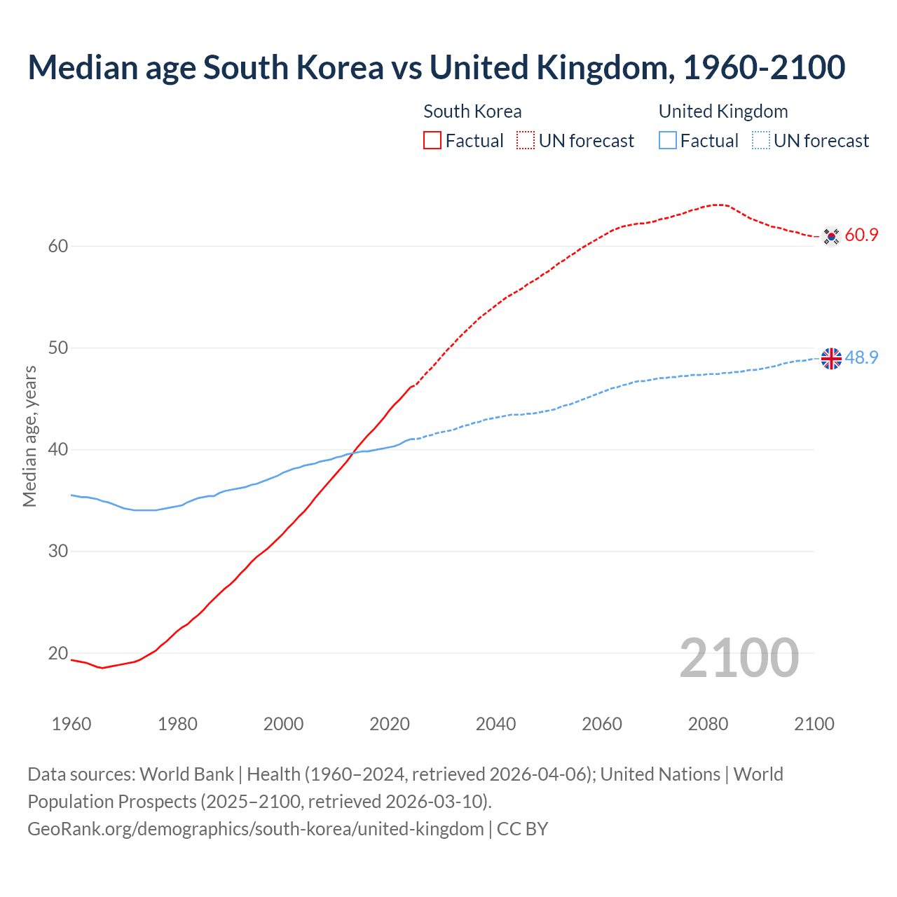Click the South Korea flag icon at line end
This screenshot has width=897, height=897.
click(x=831, y=236)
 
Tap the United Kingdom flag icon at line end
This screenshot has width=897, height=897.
click(x=831, y=358)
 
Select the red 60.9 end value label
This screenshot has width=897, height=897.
click(x=861, y=235)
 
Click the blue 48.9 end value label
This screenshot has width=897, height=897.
click(x=861, y=357)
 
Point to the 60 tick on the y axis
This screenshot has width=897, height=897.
click(x=58, y=246)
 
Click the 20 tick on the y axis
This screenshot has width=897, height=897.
click(x=58, y=653)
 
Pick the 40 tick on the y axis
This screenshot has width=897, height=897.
click(x=58, y=449)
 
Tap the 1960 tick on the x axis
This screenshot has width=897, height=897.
click(x=71, y=724)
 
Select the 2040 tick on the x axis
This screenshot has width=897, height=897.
click(x=495, y=724)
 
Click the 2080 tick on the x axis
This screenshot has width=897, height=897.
click(x=708, y=724)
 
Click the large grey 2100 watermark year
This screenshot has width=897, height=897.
click(x=739, y=657)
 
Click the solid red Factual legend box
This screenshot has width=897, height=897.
click(x=432, y=140)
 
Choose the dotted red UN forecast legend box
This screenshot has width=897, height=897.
click(x=526, y=140)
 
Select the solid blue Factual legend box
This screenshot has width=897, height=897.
click(x=668, y=140)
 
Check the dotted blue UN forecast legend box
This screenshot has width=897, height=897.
click(x=761, y=140)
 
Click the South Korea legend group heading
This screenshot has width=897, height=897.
click(x=472, y=111)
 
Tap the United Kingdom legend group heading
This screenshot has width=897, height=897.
click(x=723, y=111)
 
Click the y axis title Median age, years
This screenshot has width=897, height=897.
click(x=29, y=436)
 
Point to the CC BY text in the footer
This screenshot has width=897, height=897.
click(x=522, y=829)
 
